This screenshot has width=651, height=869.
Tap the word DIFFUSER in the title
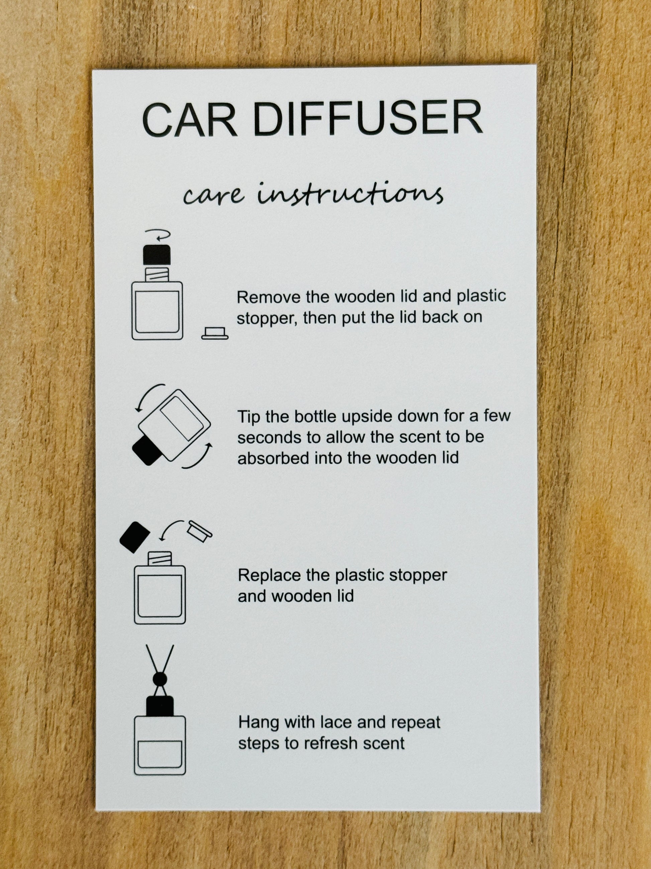[x=368, y=119]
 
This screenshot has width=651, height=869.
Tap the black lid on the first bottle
[x=157, y=254]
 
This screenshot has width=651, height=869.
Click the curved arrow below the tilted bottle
[x=198, y=458]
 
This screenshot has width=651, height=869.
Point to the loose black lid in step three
[x=134, y=537]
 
